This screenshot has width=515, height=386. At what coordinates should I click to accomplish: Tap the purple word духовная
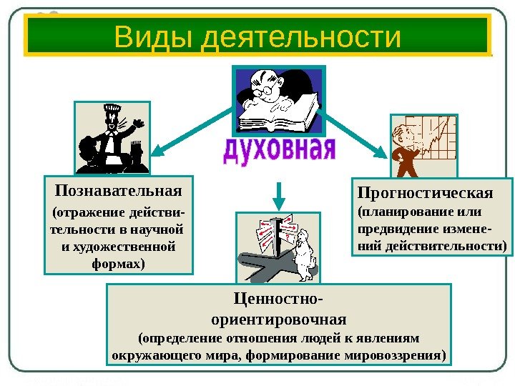(x=279, y=152)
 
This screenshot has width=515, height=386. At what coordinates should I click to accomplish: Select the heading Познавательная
(x=118, y=192)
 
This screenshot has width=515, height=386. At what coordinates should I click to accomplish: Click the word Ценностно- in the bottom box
(x=278, y=298)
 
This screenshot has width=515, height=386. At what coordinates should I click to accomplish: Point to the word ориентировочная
(x=279, y=317)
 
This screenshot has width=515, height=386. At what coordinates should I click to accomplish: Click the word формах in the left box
(x=117, y=264)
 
